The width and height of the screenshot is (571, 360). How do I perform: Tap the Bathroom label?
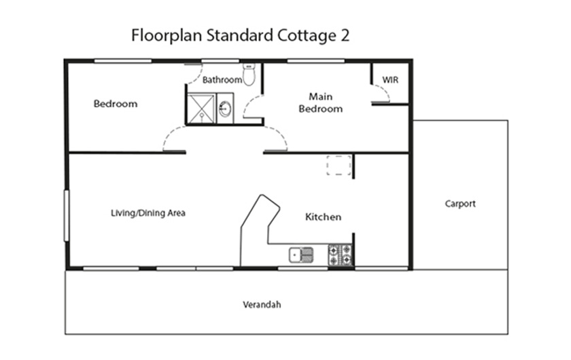coord(222,80)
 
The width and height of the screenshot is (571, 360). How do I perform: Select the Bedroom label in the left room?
coord(115,104)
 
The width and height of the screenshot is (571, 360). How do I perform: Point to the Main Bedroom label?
coord(320,103)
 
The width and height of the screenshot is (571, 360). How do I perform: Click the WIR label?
coord(390,80)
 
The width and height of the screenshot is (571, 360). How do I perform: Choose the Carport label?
coord(460,204)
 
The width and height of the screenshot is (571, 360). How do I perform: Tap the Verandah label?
coord(262,305)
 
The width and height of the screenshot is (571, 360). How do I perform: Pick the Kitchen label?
coord(323,217)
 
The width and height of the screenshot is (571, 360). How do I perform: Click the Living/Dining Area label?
coord(148,213)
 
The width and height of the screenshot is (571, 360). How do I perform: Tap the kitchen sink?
coord(300,255)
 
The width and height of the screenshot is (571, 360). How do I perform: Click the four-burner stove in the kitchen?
coord(340,255)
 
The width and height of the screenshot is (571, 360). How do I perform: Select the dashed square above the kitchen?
coord(339,166)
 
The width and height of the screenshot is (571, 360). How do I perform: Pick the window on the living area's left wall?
coord(67,215)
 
